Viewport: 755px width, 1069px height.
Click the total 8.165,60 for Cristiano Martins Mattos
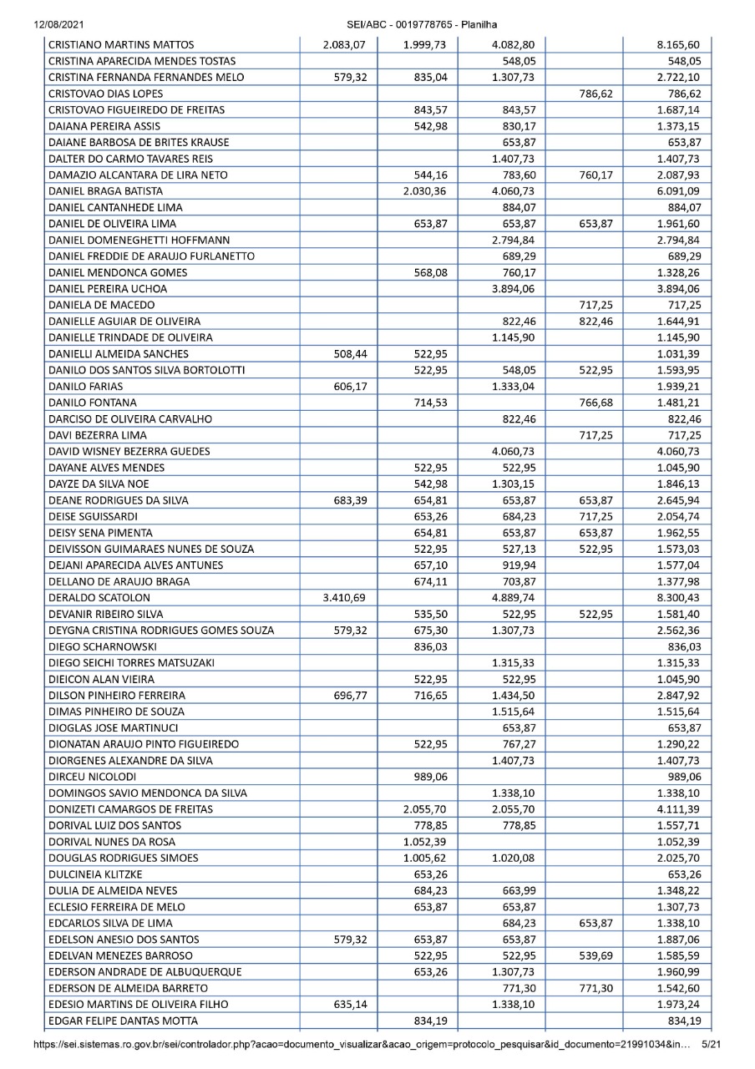coord(678,45)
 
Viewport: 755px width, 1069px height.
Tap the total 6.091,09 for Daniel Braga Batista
coord(678,191)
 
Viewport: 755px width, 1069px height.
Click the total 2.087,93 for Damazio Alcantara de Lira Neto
coord(678,175)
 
